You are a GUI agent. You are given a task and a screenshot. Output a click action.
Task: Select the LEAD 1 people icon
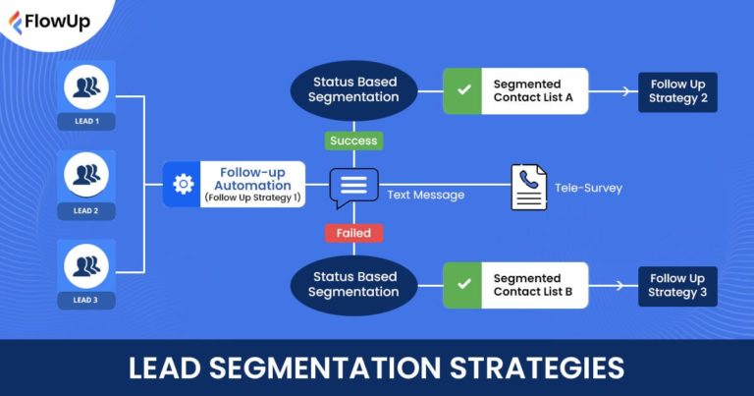85,87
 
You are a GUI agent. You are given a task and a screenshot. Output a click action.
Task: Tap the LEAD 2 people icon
85,177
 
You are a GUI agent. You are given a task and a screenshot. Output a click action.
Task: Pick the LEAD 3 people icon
85,266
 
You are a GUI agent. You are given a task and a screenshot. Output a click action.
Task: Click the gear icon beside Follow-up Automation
183,185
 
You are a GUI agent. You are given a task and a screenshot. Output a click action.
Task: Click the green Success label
353,141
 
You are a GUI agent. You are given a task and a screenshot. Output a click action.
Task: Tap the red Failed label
353,233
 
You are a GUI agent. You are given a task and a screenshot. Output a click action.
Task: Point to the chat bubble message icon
353,186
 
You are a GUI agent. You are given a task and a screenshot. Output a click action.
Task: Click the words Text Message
425,195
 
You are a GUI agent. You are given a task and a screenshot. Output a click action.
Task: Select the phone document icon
529,186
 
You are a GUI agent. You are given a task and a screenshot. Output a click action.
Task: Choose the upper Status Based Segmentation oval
353,90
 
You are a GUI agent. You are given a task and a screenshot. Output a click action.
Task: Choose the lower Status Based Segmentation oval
353,285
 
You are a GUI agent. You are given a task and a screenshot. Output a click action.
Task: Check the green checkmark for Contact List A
462,91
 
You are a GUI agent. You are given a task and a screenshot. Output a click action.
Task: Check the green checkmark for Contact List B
462,285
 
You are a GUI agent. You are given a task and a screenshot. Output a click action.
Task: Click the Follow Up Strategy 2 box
677,91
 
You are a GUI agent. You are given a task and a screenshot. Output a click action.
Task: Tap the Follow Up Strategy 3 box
677,285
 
